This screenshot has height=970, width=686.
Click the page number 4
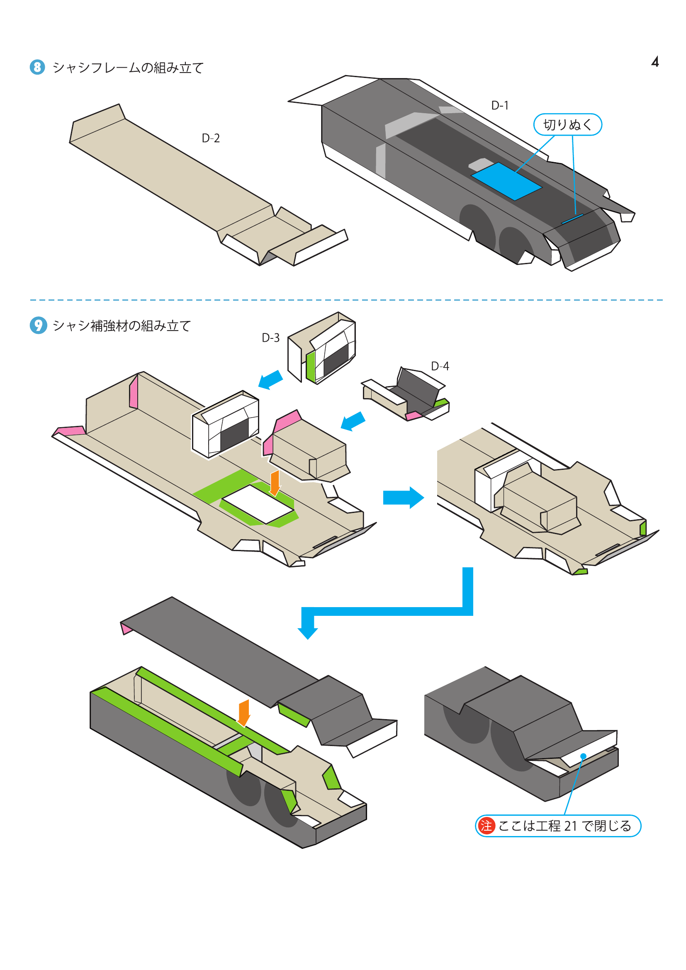click(655, 62)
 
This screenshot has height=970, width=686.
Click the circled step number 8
click(37, 67)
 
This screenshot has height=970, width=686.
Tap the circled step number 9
click(38, 325)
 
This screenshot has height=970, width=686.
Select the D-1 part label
click(500, 105)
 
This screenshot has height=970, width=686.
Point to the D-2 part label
click(210, 138)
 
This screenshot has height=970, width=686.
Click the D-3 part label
click(270, 338)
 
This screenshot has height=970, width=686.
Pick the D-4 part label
click(440, 366)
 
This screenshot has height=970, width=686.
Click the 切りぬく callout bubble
click(567, 125)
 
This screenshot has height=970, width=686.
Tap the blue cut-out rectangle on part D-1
click(506, 181)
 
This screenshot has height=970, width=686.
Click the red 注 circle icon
click(486, 826)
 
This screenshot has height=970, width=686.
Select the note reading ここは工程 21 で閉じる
click(564, 826)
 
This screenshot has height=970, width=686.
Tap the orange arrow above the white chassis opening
click(275, 482)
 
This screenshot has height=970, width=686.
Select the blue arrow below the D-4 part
click(353, 421)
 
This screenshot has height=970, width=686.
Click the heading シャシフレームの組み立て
click(128, 68)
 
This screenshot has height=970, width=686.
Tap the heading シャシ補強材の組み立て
click(122, 326)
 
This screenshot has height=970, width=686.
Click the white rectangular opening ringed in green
click(258, 504)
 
